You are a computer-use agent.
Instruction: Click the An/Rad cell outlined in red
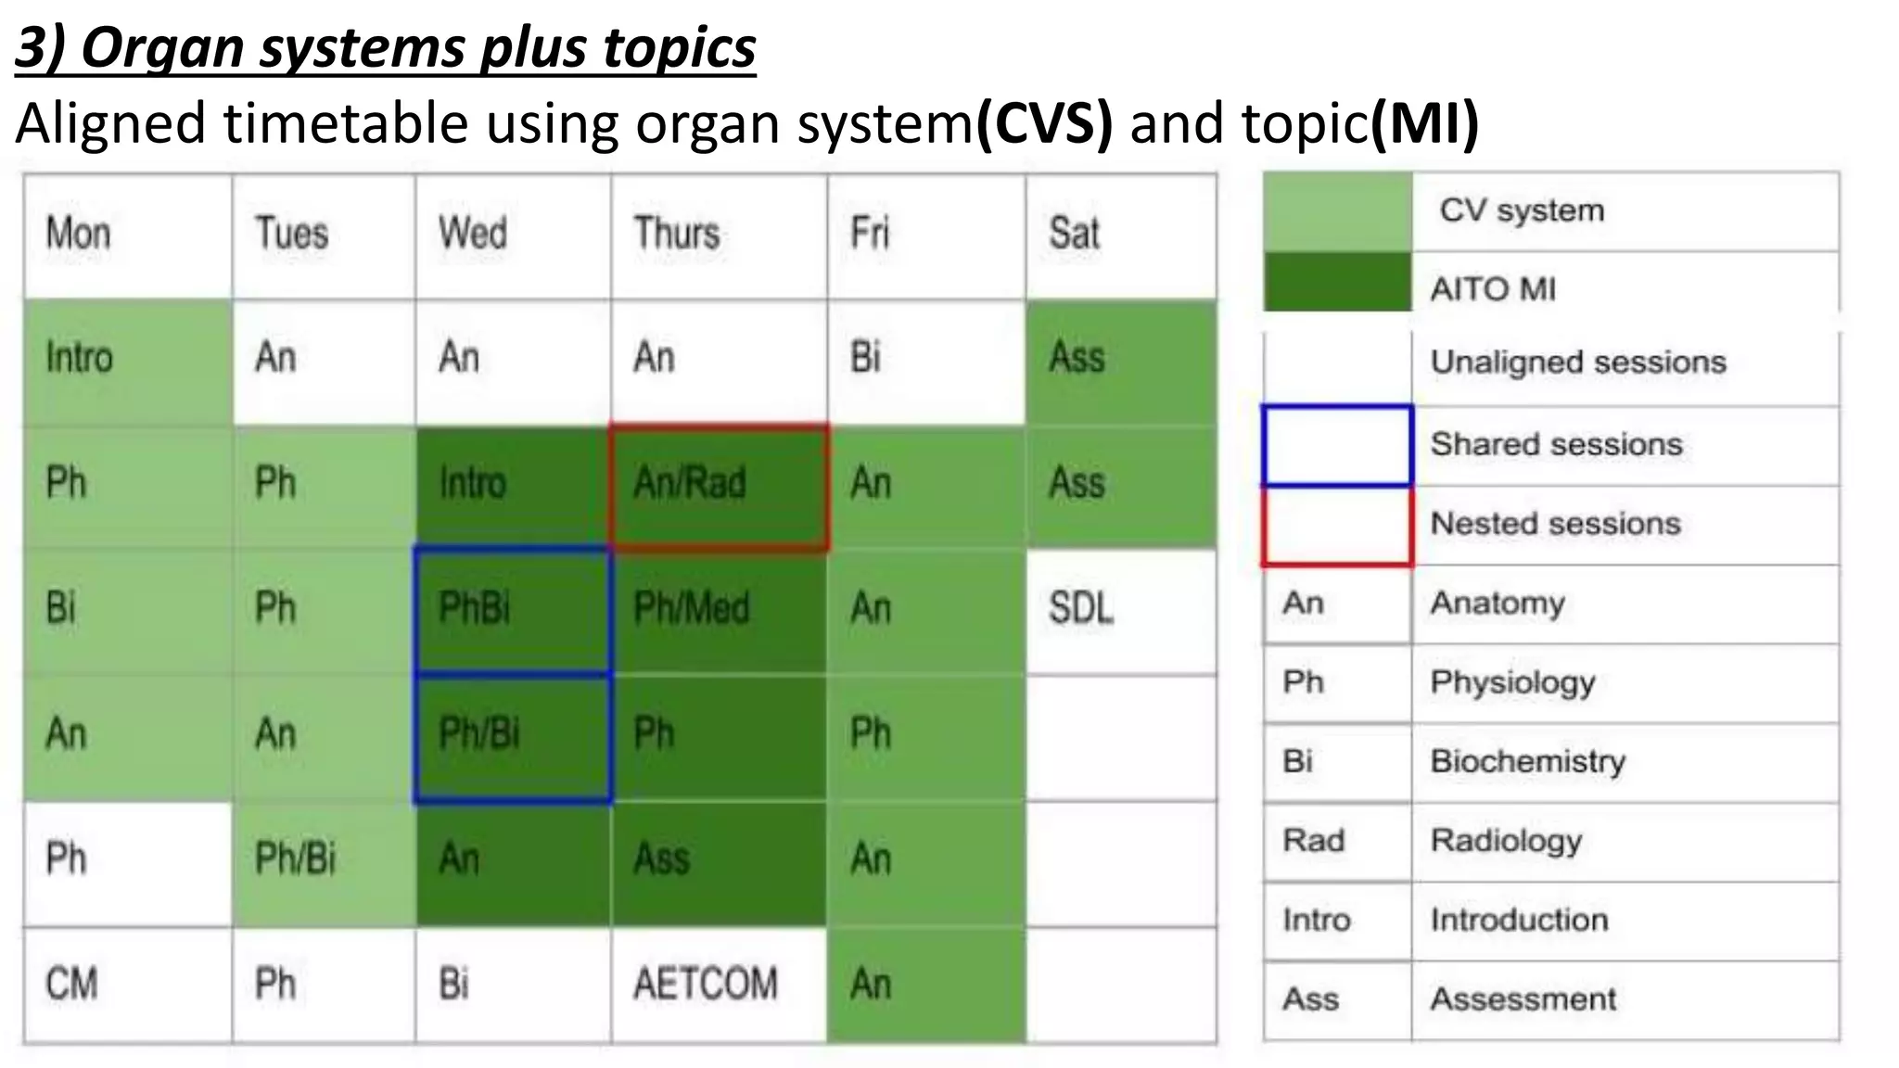[719, 487]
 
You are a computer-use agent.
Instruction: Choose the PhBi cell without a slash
[512, 608]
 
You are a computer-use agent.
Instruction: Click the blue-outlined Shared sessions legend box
[1337, 445]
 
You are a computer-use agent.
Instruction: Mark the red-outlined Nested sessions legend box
[1337, 525]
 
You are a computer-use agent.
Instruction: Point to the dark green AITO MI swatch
[1337, 281]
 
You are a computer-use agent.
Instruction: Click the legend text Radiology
[1506, 841]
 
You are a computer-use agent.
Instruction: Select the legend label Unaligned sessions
[1578, 362]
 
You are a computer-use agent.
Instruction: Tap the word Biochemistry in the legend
[1527, 761]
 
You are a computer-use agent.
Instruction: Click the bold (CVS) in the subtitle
[1044, 123]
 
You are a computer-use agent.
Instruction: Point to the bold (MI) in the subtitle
[1424, 123]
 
